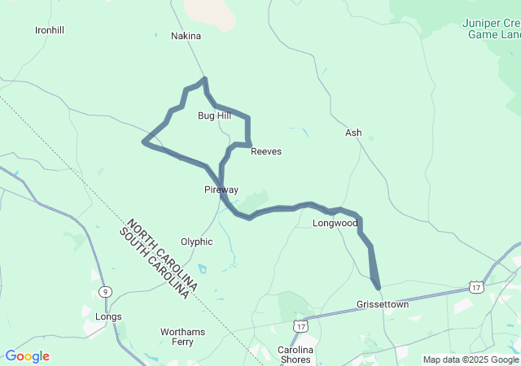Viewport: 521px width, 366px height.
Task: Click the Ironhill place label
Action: tap(50, 30)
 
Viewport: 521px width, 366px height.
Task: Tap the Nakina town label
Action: tap(186, 37)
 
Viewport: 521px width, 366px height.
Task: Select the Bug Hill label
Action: tap(214, 116)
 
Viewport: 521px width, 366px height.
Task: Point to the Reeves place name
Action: tap(266, 152)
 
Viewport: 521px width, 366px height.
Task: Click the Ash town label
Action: tap(353, 133)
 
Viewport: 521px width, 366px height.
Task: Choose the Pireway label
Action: tap(221, 190)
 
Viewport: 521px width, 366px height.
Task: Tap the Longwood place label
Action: tap(335, 223)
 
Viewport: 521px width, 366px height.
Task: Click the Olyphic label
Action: tap(196, 242)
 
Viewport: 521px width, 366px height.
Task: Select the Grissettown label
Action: tap(383, 305)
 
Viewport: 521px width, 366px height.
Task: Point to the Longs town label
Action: tap(108, 317)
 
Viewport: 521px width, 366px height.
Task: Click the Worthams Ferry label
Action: tap(188, 337)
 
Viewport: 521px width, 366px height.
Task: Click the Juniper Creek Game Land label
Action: tap(493, 29)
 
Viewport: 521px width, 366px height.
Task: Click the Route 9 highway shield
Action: tap(105, 291)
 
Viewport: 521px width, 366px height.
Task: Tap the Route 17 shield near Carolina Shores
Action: tap(300, 325)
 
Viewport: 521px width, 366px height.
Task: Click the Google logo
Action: tap(27, 356)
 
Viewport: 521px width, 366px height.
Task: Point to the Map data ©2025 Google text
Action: tap(470, 359)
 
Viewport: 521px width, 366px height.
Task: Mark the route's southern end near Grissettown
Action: tap(379, 286)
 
